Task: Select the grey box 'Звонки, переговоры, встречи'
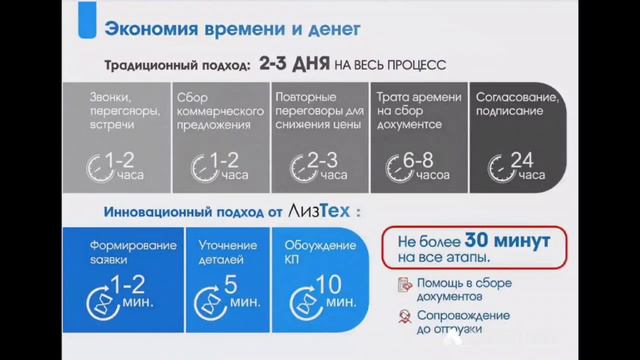click(x=113, y=135)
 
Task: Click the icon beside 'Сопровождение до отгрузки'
click(x=404, y=318)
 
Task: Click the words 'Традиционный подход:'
click(x=176, y=65)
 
